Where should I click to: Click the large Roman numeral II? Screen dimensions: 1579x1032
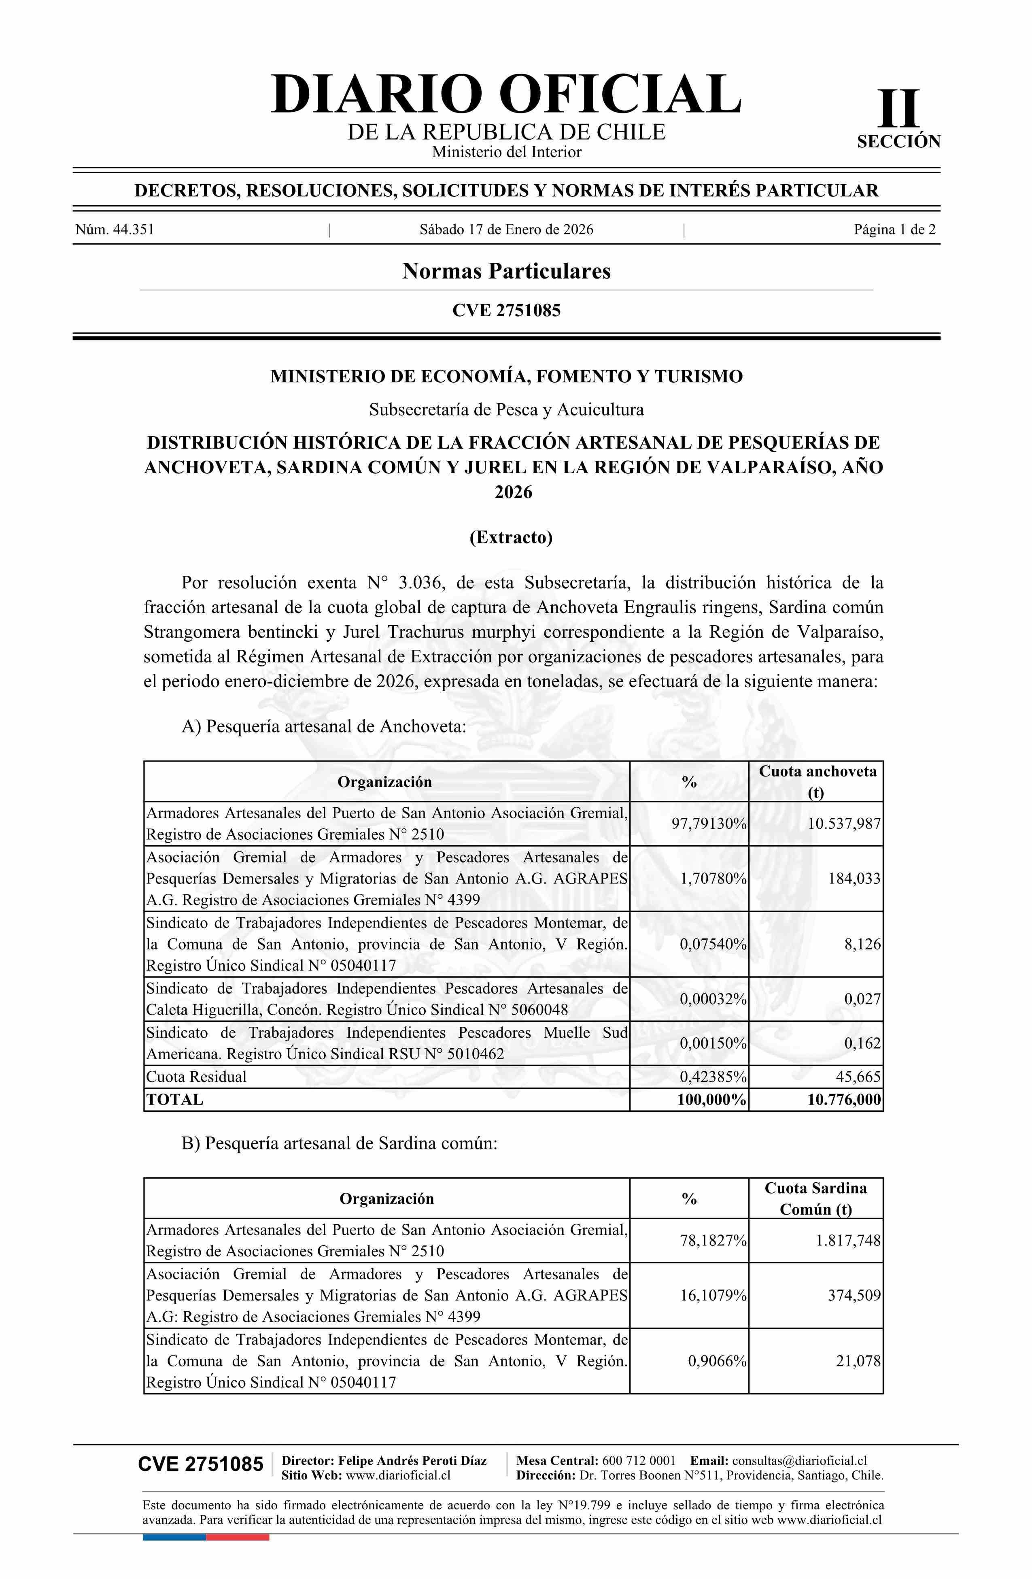[899, 109]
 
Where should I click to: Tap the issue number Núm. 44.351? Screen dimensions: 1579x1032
[115, 230]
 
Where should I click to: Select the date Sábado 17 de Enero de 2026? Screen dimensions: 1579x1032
[506, 230]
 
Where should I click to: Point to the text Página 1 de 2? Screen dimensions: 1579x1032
[895, 230]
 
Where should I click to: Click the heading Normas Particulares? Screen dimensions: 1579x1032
[506, 271]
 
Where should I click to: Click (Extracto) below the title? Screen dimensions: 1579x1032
[511, 537]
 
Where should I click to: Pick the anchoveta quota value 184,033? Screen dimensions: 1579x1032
[854, 879]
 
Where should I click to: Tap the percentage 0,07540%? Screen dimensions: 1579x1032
[713, 944]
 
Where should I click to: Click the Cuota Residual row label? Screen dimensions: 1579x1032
[196, 1077]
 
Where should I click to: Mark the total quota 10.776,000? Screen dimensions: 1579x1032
[844, 1100]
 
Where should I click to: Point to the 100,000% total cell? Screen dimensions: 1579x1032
[711, 1100]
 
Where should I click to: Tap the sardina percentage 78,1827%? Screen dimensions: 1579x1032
[713, 1241]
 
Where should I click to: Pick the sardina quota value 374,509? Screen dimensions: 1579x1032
[854, 1296]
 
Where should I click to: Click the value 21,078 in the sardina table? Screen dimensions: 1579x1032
[858, 1362]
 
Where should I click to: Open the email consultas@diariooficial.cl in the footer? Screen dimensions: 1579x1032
[799, 1461]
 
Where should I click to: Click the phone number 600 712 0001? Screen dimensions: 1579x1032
[639, 1461]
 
